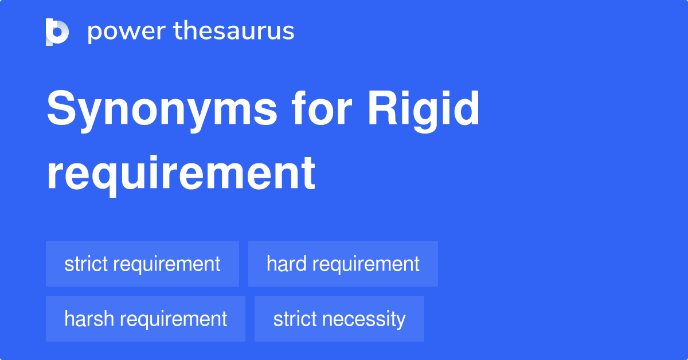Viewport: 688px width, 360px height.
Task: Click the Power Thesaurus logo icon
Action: coord(57,32)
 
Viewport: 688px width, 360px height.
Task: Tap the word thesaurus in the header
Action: coord(234,31)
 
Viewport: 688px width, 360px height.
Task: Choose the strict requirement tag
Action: coord(142,264)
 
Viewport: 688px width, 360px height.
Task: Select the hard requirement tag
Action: coord(343,264)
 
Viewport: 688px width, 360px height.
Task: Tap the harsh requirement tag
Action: coord(146,319)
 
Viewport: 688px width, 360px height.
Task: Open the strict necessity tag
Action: coord(339,319)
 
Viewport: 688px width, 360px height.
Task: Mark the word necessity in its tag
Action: coord(370,319)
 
